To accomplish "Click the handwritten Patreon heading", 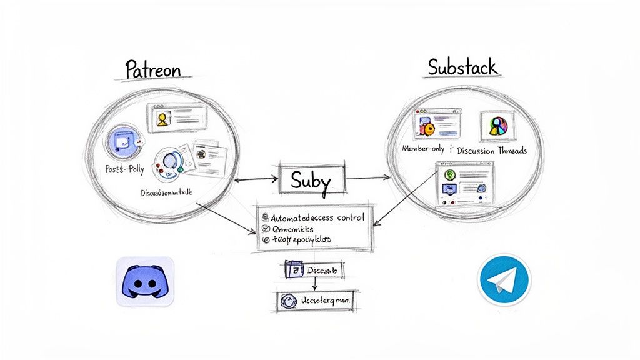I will (152, 69).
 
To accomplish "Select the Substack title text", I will (462, 67).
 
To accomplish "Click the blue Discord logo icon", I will (145, 281).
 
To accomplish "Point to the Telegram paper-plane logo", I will (504, 280).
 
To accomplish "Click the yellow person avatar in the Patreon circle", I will (162, 119).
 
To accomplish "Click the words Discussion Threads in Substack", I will (492, 151).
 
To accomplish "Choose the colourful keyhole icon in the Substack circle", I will (497, 126).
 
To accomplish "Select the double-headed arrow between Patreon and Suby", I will (256, 179).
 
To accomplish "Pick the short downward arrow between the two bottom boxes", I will (314, 284).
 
